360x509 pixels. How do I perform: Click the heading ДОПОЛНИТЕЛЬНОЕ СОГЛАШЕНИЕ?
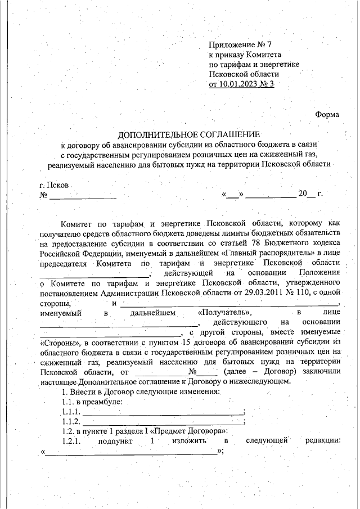tap(188, 135)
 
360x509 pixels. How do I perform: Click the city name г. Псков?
tap(55, 185)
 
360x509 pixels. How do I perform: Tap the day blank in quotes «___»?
tap(232, 195)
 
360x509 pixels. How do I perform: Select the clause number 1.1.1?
tap(70, 412)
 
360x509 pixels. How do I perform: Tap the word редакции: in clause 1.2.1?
tap(323, 442)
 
